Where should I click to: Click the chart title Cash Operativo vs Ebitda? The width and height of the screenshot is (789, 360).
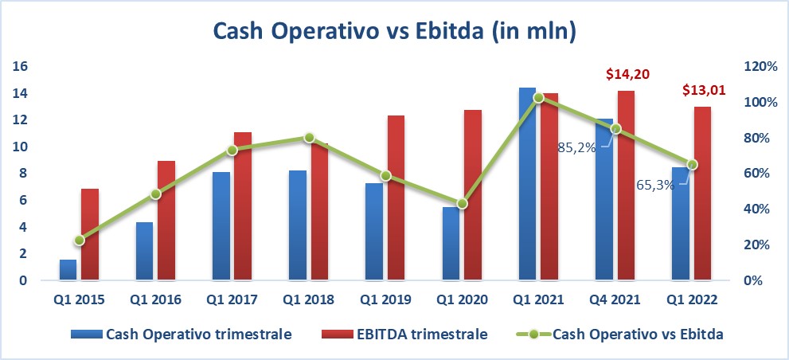pos(394,32)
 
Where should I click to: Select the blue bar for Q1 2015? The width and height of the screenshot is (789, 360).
pos(68,270)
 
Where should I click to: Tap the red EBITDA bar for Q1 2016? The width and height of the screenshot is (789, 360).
pos(166,221)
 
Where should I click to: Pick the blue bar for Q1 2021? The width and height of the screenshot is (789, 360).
pos(527,184)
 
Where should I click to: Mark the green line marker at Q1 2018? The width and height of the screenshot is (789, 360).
pos(310,138)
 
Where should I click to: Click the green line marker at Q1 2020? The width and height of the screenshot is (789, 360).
pos(463,204)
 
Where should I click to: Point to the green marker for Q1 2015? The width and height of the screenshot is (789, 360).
pos(79,241)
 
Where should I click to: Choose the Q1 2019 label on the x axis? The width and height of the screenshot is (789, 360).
pos(385,299)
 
